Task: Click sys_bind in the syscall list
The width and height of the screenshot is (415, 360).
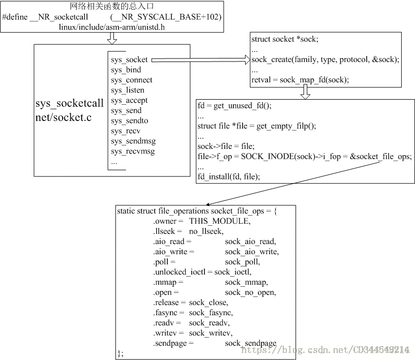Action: [x=126, y=70]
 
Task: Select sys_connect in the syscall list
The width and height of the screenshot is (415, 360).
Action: [x=132, y=80]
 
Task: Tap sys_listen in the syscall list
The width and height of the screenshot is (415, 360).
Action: [x=127, y=91]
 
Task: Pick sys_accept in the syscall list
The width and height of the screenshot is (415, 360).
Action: [x=129, y=101]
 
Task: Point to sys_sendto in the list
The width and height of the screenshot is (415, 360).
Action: [x=129, y=121]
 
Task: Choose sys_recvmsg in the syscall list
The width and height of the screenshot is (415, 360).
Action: [x=133, y=152]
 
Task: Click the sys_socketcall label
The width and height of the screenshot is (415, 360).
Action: [x=69, y=103]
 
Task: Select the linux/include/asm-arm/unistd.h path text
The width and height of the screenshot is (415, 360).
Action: [x=112, y=26]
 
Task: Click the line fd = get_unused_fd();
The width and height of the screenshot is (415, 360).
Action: [x=234, y=106]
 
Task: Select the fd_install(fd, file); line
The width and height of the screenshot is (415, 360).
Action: [x=229, y=176]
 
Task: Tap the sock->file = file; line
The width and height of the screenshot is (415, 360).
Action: [x=225, y=146]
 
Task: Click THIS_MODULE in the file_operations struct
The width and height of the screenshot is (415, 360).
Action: [x=219, y=221]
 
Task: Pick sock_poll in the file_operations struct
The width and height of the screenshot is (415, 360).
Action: [x=242, y=262]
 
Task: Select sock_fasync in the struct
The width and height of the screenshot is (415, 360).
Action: [x=211, y=313]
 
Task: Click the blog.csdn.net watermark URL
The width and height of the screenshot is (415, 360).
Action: [x=325, y=350]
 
